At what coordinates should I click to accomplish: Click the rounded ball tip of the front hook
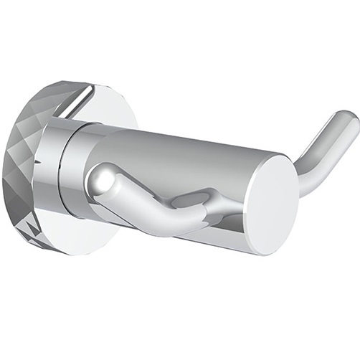pyautogui.click(x=105, y=179)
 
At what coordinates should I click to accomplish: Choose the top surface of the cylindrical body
pyautogui.click(x=179, y=143)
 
